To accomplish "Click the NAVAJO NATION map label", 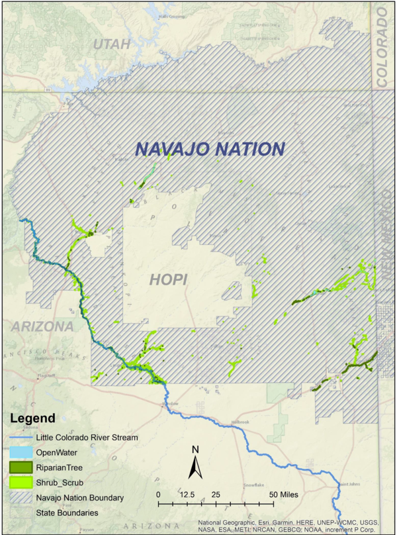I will point(210,149).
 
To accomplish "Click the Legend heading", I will point(32,419).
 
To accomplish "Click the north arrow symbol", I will point(195,468).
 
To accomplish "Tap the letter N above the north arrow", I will point(195,450).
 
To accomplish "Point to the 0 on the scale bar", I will point(159,495).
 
